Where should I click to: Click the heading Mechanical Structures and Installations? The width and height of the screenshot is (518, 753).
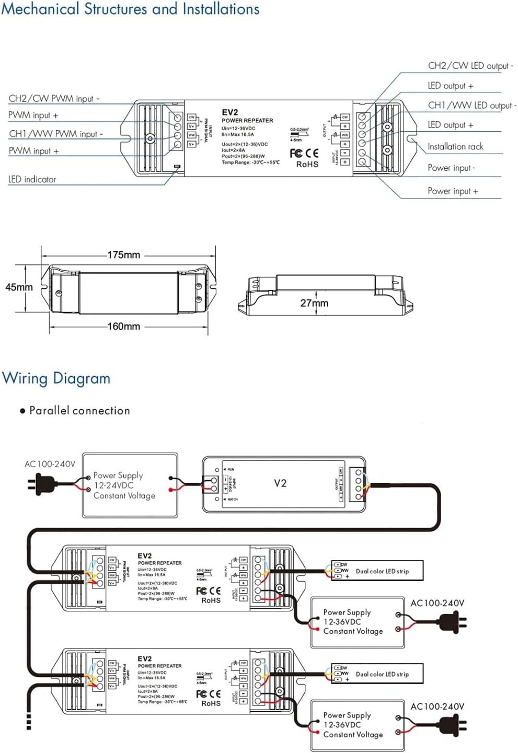130,9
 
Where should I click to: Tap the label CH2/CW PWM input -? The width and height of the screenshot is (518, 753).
54,98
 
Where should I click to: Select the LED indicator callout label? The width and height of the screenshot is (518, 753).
32,179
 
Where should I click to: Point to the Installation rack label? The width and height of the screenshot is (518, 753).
455,147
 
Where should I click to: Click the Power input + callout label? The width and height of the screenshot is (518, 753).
453,191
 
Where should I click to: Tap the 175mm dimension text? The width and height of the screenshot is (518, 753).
124,255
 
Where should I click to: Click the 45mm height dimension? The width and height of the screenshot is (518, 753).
19,287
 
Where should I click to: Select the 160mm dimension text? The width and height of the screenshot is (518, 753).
124,327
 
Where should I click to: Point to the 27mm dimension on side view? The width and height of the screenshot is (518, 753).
314,303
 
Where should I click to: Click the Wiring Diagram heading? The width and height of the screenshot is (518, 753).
56,378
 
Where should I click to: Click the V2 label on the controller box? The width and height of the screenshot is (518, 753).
280,483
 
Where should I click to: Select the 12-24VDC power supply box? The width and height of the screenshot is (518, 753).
130,485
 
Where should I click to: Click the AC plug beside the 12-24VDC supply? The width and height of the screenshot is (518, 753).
37,483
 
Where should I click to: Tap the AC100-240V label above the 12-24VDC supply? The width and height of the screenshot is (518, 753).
50,464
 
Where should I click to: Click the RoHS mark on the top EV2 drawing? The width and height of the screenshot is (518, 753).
307,165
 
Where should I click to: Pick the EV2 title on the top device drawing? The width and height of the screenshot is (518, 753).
229,112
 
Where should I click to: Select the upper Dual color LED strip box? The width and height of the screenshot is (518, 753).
377,571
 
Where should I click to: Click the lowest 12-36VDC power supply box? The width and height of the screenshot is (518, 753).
358,725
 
